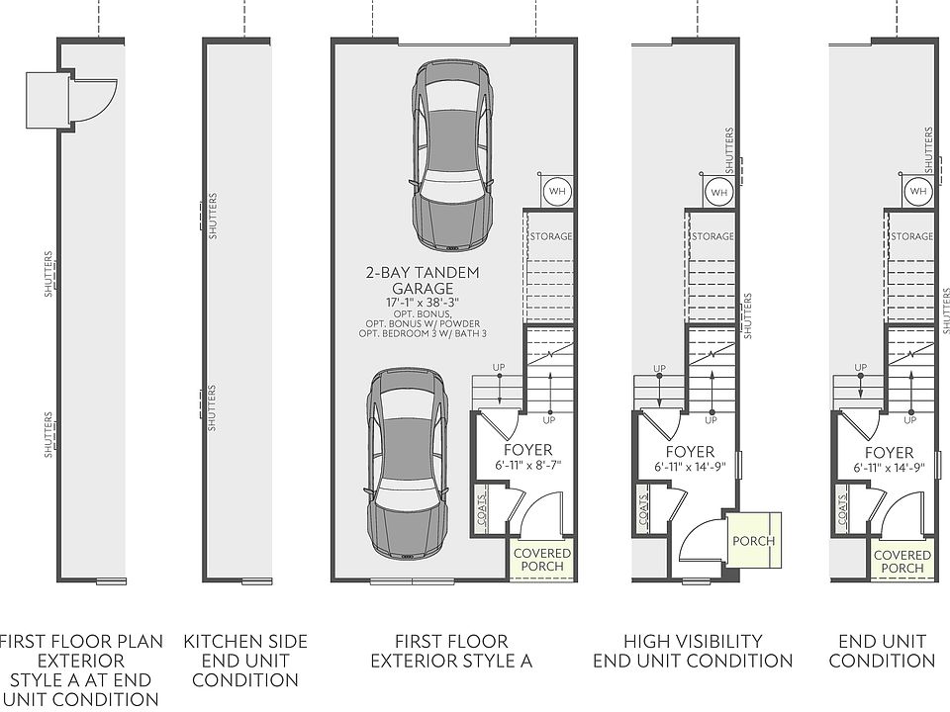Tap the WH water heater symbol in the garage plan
[x=557, y=191]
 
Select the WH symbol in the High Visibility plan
[x=718, y=191]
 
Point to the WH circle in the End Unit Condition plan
[x=917, y=191]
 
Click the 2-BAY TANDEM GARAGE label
[x=422, y=281]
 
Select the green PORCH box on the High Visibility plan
[x=754, y=540]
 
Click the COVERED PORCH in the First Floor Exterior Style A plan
[x=542, y=560]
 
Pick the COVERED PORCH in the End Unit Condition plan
[x=902, y=562]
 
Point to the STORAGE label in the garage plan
[x=551, y=237]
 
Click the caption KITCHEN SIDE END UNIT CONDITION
[x=245, y=661]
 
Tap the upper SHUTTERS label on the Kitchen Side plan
[x=213, y=217]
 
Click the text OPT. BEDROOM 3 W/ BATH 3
[x=422, y=334]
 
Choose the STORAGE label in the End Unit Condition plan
[x=911, y=237]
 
